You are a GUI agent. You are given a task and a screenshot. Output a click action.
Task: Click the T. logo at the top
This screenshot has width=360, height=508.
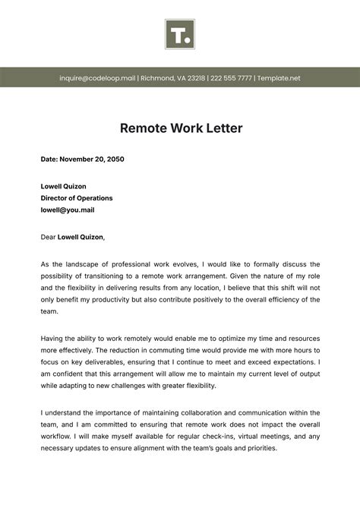(180, 35)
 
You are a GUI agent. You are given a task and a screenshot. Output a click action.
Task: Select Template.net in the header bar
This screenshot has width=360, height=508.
(279, 78)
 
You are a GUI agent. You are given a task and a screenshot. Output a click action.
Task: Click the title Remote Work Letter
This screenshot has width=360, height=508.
(181, 128)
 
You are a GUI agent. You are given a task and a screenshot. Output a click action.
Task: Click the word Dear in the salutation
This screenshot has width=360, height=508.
(48, 237)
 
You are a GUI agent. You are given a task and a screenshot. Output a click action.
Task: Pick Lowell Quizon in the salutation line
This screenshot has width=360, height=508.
(81, 237)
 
